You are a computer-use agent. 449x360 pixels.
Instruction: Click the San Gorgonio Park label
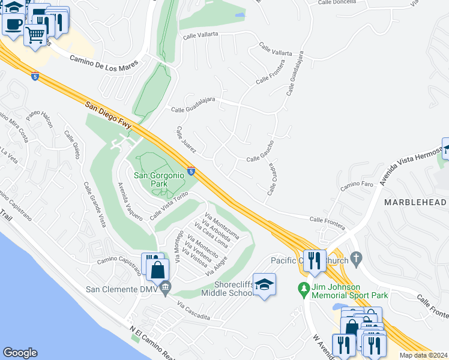point(157,179)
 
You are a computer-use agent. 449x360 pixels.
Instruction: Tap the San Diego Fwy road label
point(108,113)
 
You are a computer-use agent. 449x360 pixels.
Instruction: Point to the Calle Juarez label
point(187,140)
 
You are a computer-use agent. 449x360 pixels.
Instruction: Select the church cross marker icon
point(357,259)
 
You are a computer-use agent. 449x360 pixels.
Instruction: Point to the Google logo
point(20,352)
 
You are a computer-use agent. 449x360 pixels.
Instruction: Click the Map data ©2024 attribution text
point(423,355)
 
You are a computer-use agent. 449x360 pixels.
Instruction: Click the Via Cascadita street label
point(193,312)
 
